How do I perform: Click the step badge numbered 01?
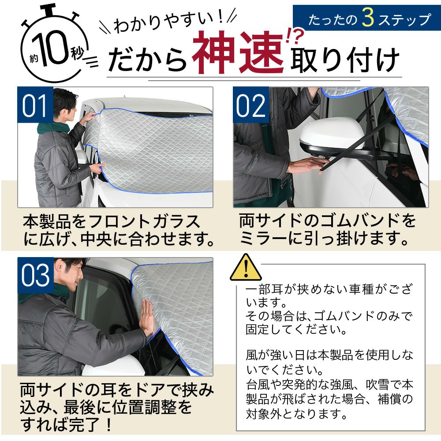[x=35, y=105]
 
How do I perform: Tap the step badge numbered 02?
[x=251, y=105]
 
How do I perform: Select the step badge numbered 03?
[x=35, y=275]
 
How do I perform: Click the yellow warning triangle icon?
[x=246, y=269]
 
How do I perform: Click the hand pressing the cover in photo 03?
[x=147, y=317]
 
